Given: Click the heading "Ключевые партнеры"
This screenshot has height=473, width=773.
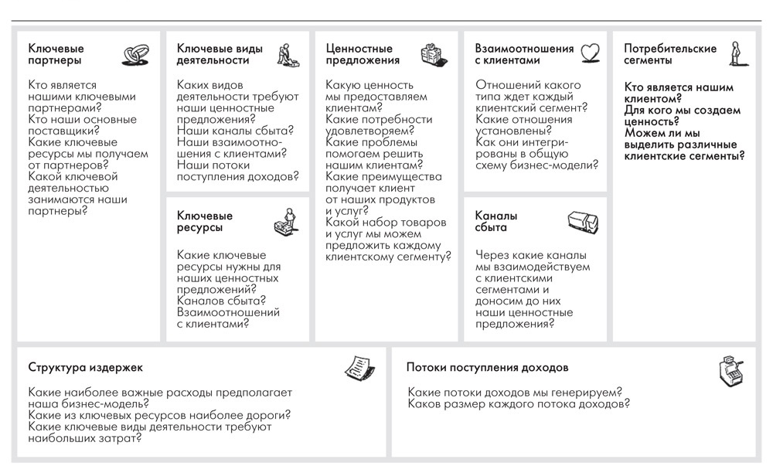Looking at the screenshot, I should click(x=56, y=54).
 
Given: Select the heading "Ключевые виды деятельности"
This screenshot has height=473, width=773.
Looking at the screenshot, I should click(x=220, y=54).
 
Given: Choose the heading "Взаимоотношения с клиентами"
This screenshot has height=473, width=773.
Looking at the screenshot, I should click(x=523, y=54).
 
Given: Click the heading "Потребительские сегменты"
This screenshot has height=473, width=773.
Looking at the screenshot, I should click(x=670, y=54).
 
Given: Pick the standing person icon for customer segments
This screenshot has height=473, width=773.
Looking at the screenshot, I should click(x=737, y=52).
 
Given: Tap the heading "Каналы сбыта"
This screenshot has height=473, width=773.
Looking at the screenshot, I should click(x=496, y=222).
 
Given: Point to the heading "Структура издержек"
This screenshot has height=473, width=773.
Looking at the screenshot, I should click(x=85, y=368).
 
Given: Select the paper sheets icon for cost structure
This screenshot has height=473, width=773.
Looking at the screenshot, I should click(x=358, y=368).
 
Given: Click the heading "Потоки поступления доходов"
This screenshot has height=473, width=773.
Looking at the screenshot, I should click(x=488, y=368).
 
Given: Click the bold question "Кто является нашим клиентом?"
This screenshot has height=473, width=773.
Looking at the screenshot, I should click(x=679, y=94).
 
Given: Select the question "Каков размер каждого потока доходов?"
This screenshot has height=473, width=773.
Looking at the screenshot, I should click(x=518, y=404).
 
